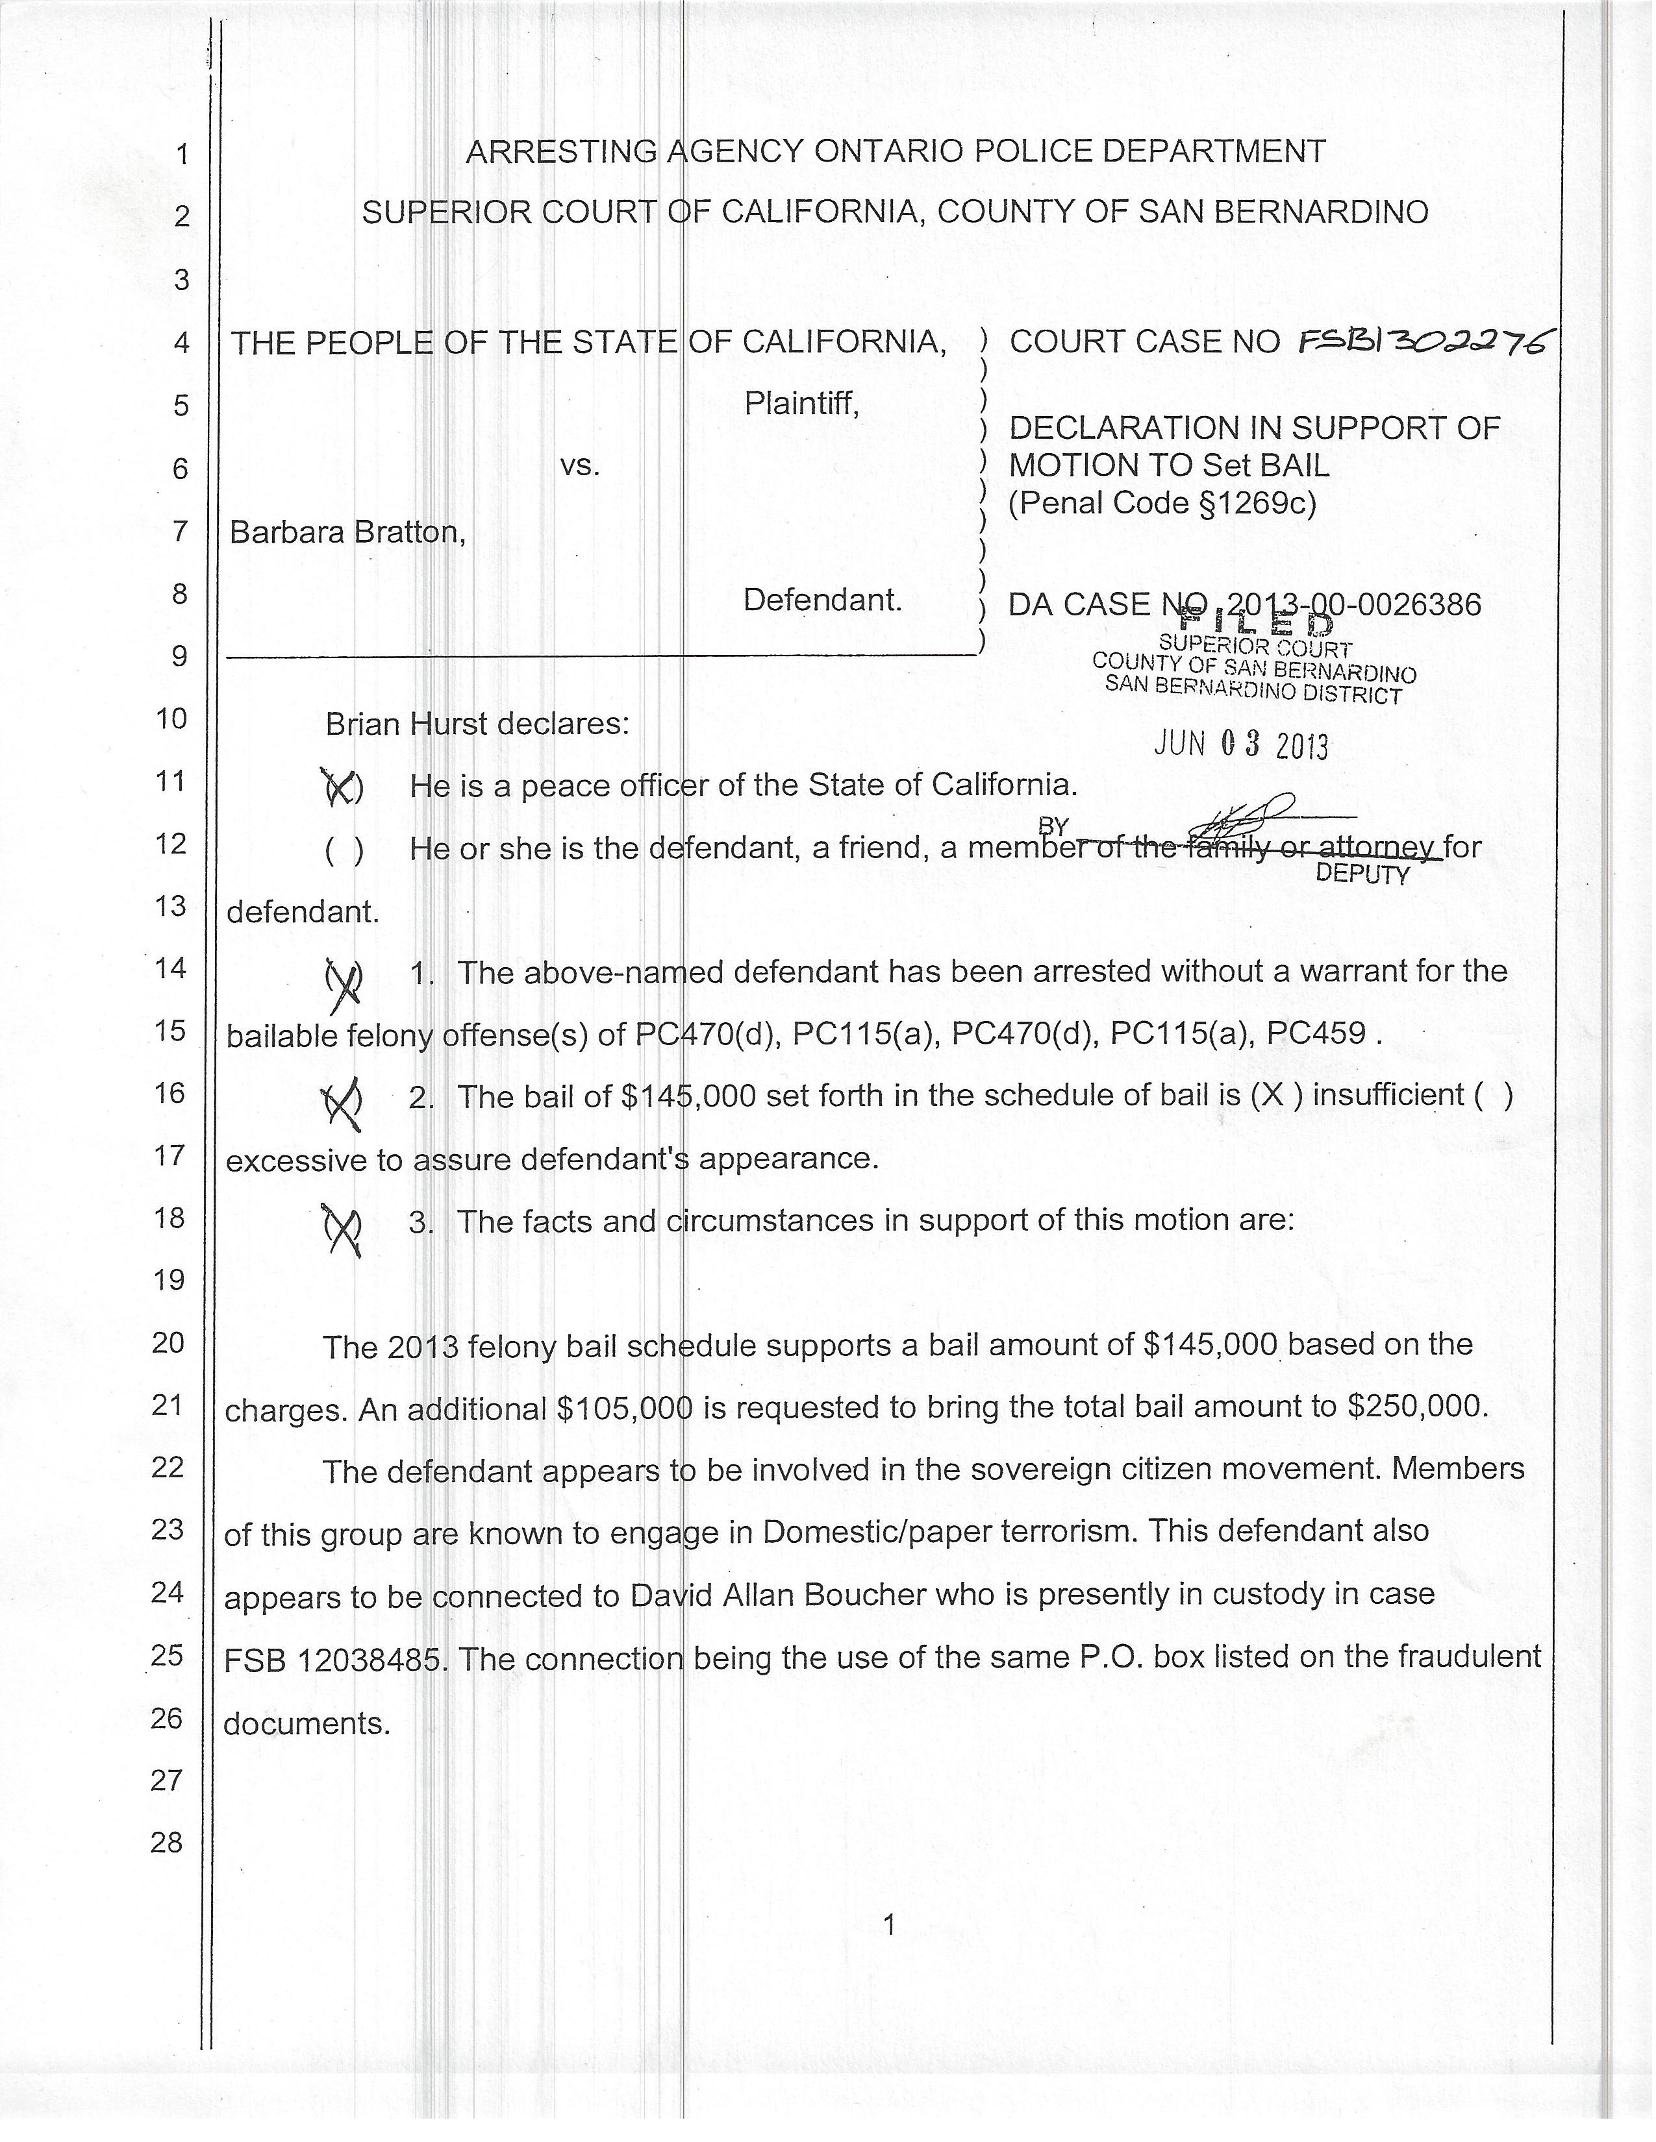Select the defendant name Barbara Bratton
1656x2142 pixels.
[345, 532]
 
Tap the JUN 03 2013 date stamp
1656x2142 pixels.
[1241, 745]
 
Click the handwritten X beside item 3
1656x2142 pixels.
[342, 1229]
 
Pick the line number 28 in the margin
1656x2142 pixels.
[168, 1843]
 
